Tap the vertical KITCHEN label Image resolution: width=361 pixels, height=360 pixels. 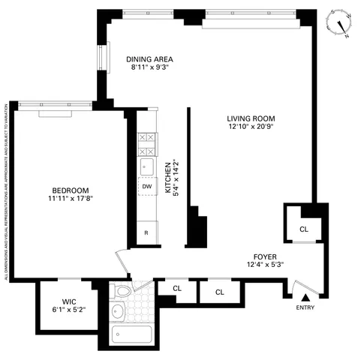[x=169, y=178]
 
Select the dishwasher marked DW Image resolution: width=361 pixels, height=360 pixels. [x=147, y=186]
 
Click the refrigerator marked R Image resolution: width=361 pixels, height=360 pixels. [x=147, y=233]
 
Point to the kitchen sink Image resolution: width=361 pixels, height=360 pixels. [x=147, y=166]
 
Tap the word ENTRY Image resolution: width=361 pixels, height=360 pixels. [x=305, y=307]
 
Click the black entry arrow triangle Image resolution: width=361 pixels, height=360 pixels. [x=305, y=298]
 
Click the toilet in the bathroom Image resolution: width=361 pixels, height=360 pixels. [x=122, y=289]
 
